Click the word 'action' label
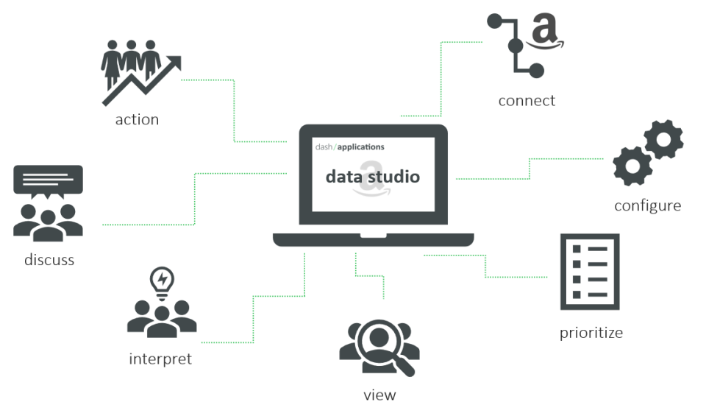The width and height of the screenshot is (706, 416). pyautogui.click(x=137, y=119)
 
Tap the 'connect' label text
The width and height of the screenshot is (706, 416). pyautogui.click(x=527, y=101)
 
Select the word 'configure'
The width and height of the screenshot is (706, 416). pyautogui.click(x=647, y=205)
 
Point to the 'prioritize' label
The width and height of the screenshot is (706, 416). pyautogui.click(x=591, y=333)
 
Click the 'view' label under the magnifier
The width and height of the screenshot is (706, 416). pyautogui.click(x=379, y=395)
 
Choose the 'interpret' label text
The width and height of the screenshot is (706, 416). pyautogui.click(x=160, y=359)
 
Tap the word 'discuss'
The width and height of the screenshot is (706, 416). pyautogui.click(x=49, y=260)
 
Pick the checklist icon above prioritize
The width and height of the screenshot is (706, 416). pyautogui.click(x=590, y=271)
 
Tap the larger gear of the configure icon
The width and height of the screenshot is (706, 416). pyautogui.click(x=632, y=166)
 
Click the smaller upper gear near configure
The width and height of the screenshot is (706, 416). pyautogui.click(x=663, y=138)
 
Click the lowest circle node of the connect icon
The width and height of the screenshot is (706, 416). pyautogui.click(x=536, y=71)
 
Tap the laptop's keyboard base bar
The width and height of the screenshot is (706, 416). pyautogui.click(x=373, y=240)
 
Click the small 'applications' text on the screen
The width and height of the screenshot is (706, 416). pyautogui.click(x=361, y=147)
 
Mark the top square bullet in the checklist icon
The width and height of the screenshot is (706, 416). pyautogui.click(x=577, y=249)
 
